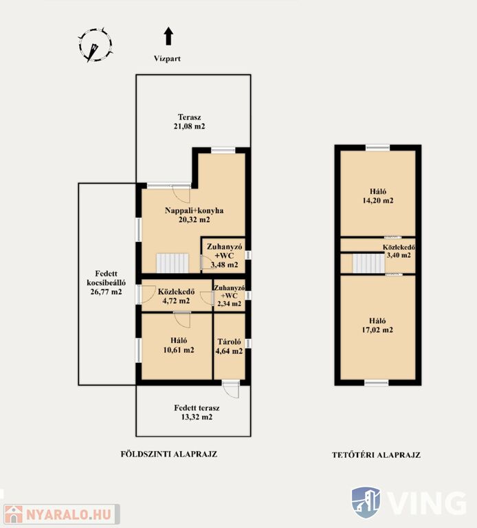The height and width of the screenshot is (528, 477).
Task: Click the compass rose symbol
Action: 96,45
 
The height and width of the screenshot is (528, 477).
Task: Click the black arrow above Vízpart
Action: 168,36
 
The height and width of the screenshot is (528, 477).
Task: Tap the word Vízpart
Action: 167,58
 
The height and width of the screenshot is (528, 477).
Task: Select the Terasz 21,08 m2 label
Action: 190,122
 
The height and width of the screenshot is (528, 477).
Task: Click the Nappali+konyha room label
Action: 195,214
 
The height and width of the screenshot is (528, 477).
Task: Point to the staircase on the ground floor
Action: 172,263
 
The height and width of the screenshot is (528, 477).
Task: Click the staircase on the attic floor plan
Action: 368,263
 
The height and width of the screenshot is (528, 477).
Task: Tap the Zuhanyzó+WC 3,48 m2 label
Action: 224,256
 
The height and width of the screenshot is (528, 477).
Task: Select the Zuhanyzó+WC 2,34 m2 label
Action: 230,296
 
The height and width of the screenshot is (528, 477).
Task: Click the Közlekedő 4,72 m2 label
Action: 176,296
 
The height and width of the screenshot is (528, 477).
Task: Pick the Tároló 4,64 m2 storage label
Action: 229,346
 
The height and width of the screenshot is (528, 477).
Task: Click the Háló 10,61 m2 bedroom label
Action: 179,345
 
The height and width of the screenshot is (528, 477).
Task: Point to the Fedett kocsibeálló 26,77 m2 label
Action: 106,283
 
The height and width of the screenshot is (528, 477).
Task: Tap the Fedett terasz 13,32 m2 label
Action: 197,412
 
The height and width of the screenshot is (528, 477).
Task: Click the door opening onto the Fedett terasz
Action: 231,390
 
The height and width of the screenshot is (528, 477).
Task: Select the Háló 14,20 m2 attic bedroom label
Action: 378,196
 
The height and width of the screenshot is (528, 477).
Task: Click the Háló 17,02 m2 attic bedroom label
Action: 377,325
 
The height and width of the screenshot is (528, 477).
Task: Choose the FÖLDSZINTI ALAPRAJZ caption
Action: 169,454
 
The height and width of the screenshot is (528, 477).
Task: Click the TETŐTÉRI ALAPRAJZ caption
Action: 377,455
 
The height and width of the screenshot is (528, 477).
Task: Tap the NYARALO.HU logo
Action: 62,514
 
